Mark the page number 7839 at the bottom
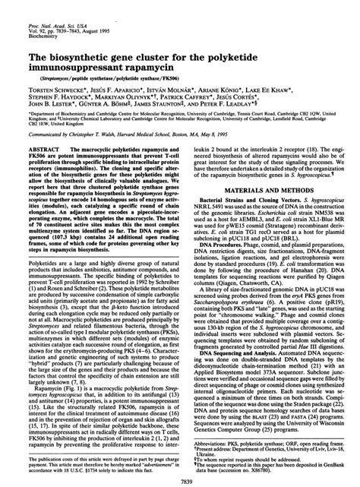tap(178, 481)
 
